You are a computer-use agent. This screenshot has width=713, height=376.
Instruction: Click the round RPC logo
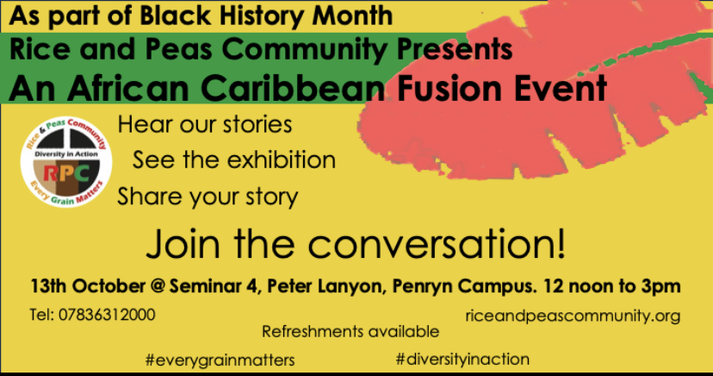coord(66,161)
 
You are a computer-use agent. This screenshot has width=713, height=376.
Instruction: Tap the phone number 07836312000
coord(107,315)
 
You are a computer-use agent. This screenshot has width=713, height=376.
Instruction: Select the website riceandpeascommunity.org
coord(573,316)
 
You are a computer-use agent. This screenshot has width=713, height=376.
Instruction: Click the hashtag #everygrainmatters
coord(220,360)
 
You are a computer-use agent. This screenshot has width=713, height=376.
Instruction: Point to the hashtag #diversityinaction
coord(462,359)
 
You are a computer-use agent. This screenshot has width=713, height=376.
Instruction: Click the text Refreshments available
coord(350,331)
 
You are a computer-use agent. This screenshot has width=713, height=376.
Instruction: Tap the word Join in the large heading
coord(183,243)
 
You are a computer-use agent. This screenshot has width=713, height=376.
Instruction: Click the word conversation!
coord(437,243)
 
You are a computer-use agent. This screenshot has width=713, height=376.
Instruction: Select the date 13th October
coord(88,286)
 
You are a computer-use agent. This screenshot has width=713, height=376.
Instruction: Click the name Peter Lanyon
coord(326,286)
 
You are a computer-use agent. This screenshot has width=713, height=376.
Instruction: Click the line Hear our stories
coord(205,124)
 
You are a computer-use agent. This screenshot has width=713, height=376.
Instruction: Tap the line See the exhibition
coord(234,160)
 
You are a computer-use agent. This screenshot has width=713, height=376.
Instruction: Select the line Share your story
coord(208,197)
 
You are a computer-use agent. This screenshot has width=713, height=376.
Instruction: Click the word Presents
coord(455,49)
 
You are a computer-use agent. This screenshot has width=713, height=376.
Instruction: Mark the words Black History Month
coord(266,16)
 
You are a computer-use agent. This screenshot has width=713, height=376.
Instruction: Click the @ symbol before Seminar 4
coord(158,286)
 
